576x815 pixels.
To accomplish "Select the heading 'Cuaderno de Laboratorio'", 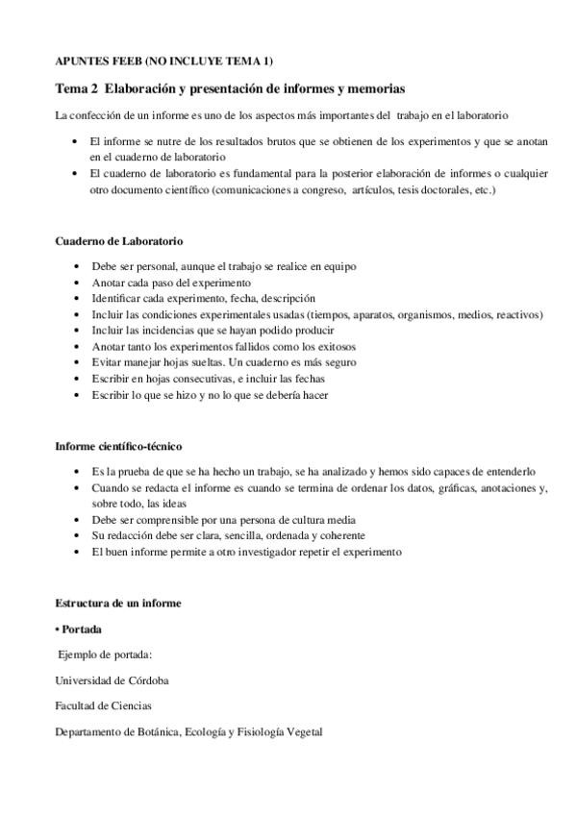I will click(119, 241).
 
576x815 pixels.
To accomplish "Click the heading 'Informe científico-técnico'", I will click(118, 447).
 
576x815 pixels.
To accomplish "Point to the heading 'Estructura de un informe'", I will click(118, 603).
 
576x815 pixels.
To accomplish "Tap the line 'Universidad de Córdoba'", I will click(113, 680).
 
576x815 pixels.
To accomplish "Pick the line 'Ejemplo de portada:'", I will click(106, 654).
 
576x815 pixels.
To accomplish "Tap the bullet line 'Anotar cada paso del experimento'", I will click(171, 284).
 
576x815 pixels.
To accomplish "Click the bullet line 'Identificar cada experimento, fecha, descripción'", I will click(203, 299).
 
